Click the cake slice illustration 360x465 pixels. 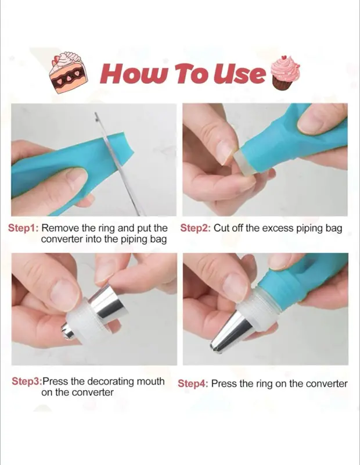(67, 73)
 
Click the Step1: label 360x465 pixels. (23, 228)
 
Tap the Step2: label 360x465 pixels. (196, 228)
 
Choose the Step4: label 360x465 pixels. (193, 384)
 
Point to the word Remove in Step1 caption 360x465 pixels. (60, 228)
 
